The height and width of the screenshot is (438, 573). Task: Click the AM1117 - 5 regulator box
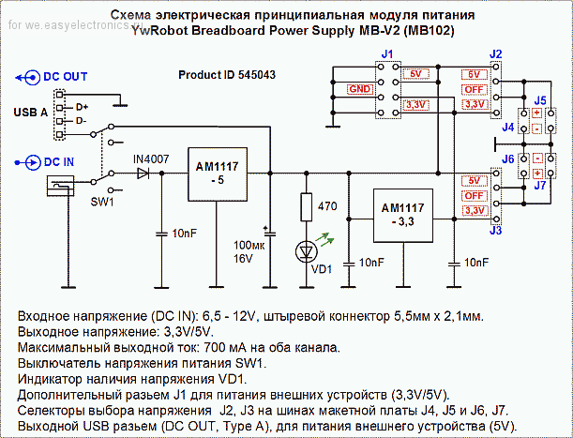pyautogui.click(x=218, y=174)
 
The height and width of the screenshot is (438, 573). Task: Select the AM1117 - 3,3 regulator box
pyautogui.click(x=403, y=216)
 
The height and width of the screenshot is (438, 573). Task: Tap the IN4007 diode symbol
pyautogui.click(x=143, y=174)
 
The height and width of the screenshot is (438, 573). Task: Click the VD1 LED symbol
pyautogui.click(x=307, y=252)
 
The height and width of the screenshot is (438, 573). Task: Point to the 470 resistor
pyautogui.click(x=307, y=207)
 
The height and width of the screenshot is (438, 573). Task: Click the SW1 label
pyautogui.click(x=102, y=202)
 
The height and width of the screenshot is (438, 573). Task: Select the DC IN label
pyautogui.click(x=59, y=162)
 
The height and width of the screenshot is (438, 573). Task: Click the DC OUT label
pyautogui.click(x=66, y=77)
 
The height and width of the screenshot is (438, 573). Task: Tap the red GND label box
pyautogui.click(x=360, y=89)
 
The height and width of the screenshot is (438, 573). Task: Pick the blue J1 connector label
pyautogui.click(x=387, y=54)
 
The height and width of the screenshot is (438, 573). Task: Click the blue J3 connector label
pyautogui.click(x=495, y=231)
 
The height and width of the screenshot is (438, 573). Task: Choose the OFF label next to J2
pyautogui.click(x=474, y=90)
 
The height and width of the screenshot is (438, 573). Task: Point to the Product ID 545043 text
pyautogui.click(x=227, y=75)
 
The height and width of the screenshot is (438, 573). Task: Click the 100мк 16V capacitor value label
pyautogui.click(x=249, y=252)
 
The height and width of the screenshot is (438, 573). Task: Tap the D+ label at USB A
pyautogui.click(x=82, y=107)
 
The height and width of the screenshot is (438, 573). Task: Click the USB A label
pyautogui.click(x=31, y=113)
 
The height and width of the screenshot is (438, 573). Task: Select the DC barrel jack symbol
pyautogui.click(x=61, y=186)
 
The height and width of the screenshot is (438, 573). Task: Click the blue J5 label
pyautogui.click(x=540, y=100)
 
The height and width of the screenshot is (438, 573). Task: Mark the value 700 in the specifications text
pyautogui.click(x=213, y=347)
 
